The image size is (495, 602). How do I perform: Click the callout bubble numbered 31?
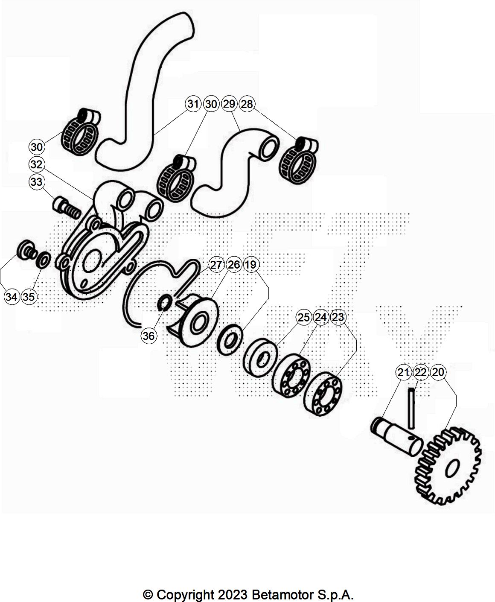(193, 104)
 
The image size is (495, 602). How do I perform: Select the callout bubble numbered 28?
(247, 104)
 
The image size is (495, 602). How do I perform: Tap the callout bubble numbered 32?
(37, 164)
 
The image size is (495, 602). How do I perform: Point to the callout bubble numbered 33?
(37, 182)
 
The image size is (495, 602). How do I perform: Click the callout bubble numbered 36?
(148, 336)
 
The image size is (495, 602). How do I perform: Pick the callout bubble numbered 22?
(421, 372)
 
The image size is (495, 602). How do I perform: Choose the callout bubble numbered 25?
(304, 317)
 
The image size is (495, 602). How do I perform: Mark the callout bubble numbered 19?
(251, 265)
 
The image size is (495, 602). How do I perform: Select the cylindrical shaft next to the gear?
(395, 435)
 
